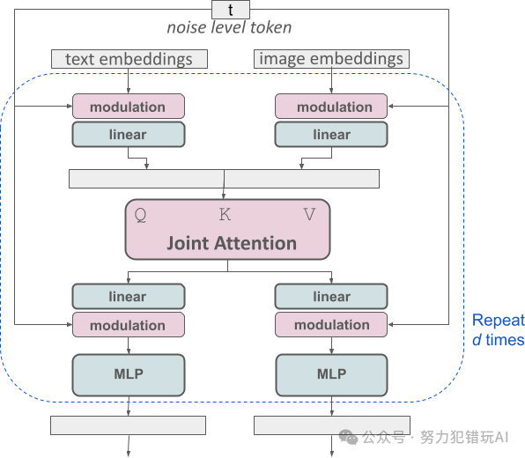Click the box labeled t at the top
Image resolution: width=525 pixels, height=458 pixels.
point(231,10)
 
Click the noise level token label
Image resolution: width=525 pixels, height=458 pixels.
point(229,28)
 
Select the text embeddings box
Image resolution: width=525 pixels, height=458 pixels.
point(129,59)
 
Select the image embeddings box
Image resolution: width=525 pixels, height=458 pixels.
point(331,59)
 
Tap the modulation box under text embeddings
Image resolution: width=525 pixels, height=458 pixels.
point(128,107)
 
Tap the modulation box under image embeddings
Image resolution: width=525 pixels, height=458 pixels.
point(331,107)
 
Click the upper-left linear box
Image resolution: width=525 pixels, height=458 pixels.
point(128,135)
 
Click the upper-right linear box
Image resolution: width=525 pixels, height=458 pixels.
point(331,135)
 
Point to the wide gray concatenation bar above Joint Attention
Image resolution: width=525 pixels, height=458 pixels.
point(224,179)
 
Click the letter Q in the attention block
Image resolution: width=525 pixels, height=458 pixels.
point(139,214)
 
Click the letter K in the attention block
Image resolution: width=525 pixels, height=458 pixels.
point(225,214)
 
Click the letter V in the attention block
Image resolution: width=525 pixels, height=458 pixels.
point(309,214)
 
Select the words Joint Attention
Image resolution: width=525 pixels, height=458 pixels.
point(231,243)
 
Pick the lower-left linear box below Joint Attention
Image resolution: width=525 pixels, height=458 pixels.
point(128,297)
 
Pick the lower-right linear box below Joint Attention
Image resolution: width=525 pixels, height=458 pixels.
point(331,297)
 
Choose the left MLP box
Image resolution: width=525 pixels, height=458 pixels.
point(128,373)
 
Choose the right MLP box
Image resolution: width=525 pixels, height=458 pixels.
point(331,373)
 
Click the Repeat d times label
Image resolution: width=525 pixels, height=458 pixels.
point(498,330)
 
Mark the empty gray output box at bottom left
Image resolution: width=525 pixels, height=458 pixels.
point(128,425)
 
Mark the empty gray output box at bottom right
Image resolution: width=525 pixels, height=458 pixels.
point(331,425)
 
